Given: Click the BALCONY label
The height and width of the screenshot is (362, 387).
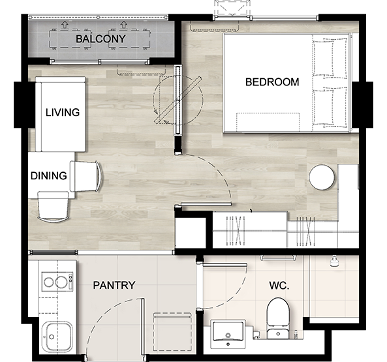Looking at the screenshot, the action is tap(101, 39).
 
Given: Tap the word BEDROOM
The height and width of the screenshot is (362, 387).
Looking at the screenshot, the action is tap(272, 82).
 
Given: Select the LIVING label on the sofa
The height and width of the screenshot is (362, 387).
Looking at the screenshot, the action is tap(63, 112).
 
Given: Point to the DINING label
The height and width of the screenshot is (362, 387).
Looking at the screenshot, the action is tap(49, 176).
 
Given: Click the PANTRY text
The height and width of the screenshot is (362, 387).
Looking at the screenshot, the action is tap(114, 285).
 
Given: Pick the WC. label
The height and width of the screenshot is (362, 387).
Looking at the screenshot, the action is tap(279, 286).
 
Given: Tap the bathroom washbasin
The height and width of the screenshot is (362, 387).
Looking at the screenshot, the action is tap(228, 334).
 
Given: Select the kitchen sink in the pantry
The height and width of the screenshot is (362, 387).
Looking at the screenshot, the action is tap(57, 337).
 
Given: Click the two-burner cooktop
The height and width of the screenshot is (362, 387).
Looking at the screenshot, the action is tap(57, 282).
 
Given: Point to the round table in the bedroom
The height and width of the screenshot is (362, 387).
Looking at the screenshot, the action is tap(322, 177).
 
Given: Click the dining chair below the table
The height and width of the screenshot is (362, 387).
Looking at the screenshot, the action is tap(54, 206).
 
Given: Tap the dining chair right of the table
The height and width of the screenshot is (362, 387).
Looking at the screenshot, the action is tap(85, 176).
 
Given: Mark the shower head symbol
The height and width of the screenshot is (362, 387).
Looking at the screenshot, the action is tap(334, 261).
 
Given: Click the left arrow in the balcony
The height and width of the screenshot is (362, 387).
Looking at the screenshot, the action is tap(65, 25).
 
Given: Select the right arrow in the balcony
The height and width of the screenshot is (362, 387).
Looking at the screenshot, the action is tap(123, 25).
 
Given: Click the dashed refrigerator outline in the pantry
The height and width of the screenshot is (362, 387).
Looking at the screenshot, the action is tap(172, 331).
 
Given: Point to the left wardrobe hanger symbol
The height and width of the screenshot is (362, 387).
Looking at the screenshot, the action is tap(236, 231).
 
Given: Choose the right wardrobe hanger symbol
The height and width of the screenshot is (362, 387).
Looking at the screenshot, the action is tap(305, 232).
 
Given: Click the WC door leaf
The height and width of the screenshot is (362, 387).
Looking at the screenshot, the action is tap(225, 265).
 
